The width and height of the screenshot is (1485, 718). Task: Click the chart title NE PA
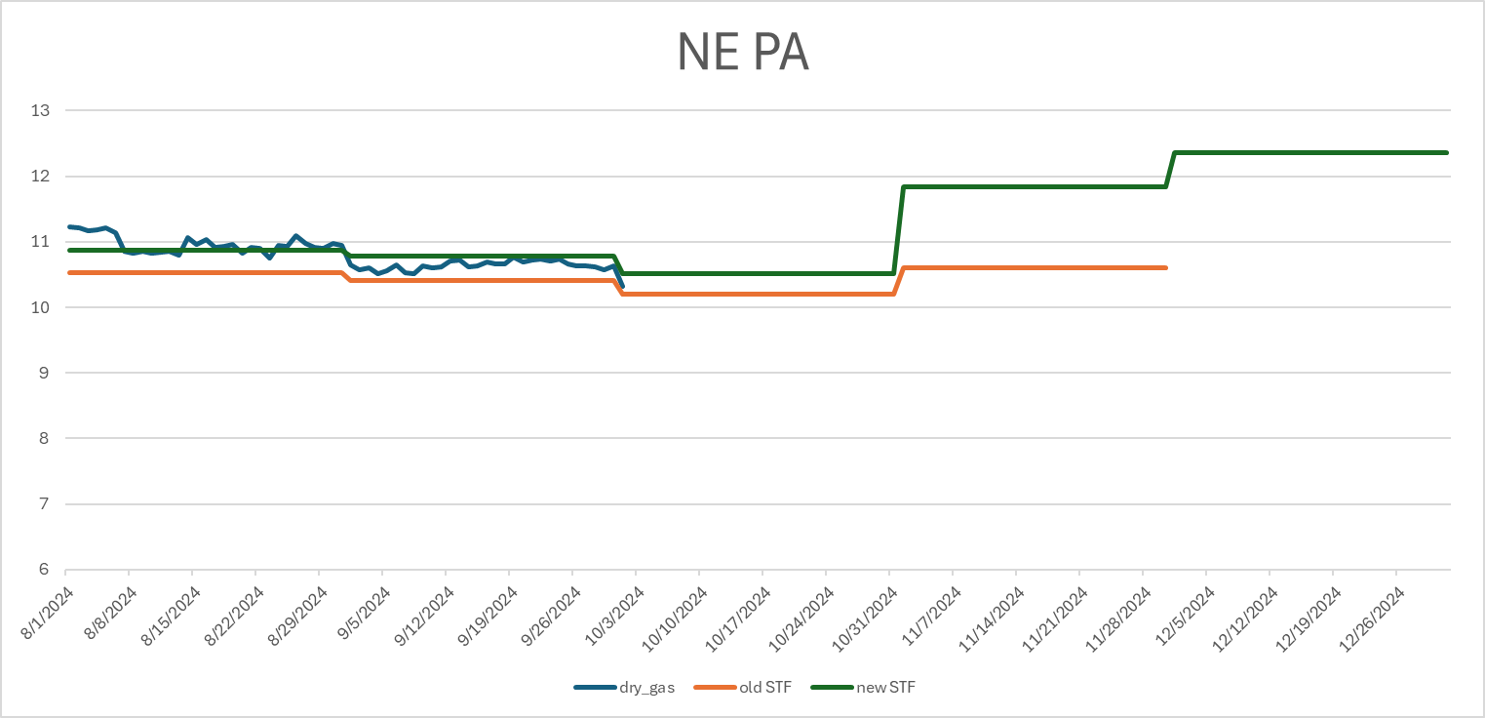742,54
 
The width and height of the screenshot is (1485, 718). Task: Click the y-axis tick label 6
44,570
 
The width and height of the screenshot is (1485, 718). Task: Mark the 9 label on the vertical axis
44,373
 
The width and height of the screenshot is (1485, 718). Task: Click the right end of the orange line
1166,267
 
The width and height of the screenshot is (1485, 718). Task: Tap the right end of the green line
1447,152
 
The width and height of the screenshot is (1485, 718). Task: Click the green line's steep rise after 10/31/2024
900,229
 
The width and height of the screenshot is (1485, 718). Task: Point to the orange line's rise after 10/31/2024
900,280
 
